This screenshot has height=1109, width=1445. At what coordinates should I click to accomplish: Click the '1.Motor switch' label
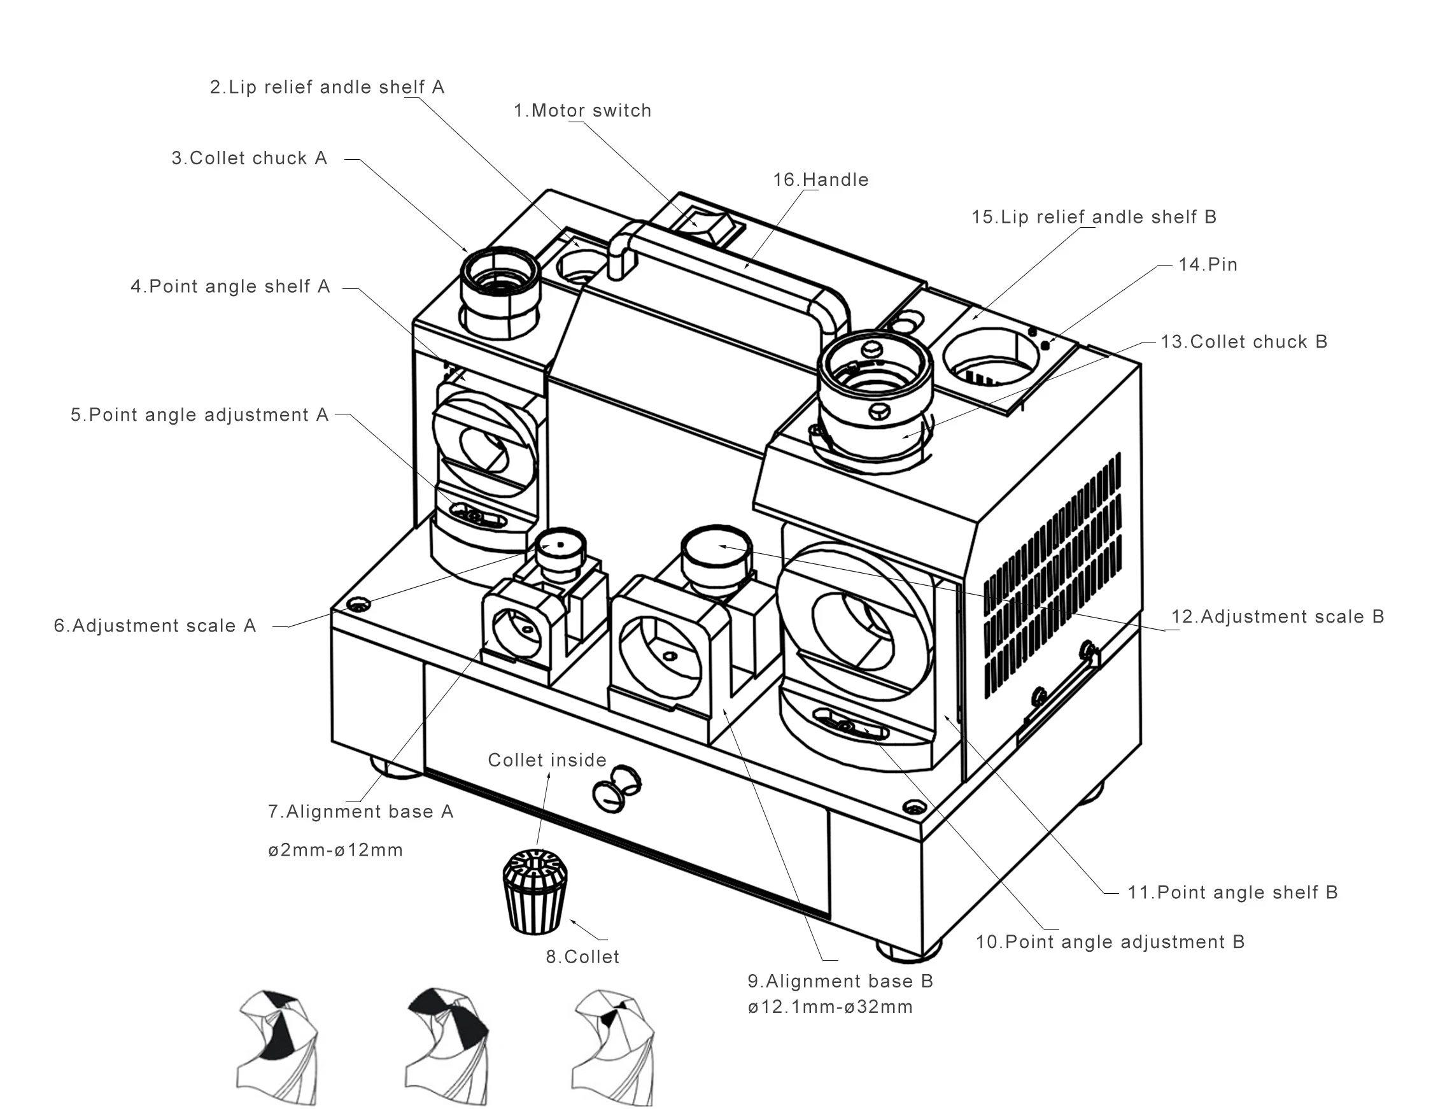[x=582, y=110]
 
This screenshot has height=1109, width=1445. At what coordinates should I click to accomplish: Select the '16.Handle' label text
[x=821, y=180]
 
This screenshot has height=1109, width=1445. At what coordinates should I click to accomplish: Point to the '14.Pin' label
[x=1208, y=265]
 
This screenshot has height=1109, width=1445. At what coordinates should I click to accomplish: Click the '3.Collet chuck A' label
[x=250, y=159]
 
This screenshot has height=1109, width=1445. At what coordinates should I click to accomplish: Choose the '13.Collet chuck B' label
[x=1244, y=342]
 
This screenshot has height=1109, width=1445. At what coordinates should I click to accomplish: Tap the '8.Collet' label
[x=582, y=956]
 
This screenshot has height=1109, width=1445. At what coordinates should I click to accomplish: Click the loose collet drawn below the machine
[x=535, y=891]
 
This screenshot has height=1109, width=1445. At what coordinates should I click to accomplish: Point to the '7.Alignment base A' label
[x=360, y=811]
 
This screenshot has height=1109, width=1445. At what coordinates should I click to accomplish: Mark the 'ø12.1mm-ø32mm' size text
[x=830, y=1007]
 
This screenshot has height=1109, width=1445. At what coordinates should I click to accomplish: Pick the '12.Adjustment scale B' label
[x=1277, y=616]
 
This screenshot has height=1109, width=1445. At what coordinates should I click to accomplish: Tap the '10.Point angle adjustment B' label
[x=1110, y=942]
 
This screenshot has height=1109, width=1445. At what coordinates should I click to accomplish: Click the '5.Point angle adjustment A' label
[x=199, y=414]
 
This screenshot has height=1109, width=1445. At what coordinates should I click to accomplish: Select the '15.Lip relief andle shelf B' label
[x=1093, y=217]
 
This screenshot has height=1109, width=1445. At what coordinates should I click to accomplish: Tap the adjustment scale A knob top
[x=560, y=544]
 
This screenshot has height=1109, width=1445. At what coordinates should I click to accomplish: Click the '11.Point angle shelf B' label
[x=1232, y=893]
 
